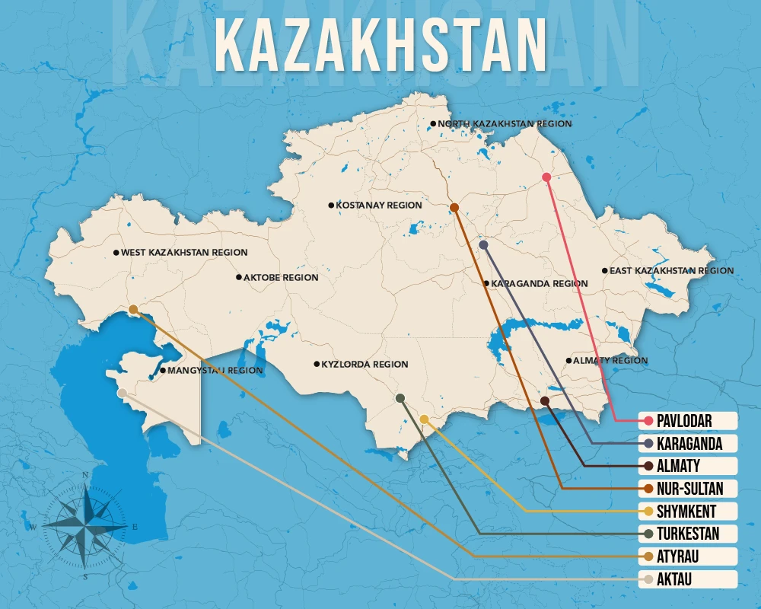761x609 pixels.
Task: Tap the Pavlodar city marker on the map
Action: tap(546, 177)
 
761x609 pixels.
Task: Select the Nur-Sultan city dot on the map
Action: tap(454, 207)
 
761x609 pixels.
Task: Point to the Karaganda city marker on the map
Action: tap(484, 244)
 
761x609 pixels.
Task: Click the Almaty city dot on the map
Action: tap(545, 400)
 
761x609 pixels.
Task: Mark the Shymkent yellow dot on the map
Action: tap(424, 419)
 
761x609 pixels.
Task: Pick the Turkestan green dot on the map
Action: tap(400, 398)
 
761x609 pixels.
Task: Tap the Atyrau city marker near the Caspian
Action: tap(133, 310)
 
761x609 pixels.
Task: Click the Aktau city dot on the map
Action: tap(123, 393)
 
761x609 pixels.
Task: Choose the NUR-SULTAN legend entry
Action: tap(688, 489)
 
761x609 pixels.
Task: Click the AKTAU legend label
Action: tap(677, 580)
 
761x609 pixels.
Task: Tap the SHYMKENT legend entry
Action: tap(686, 512)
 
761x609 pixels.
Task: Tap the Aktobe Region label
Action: tap(280, 278)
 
